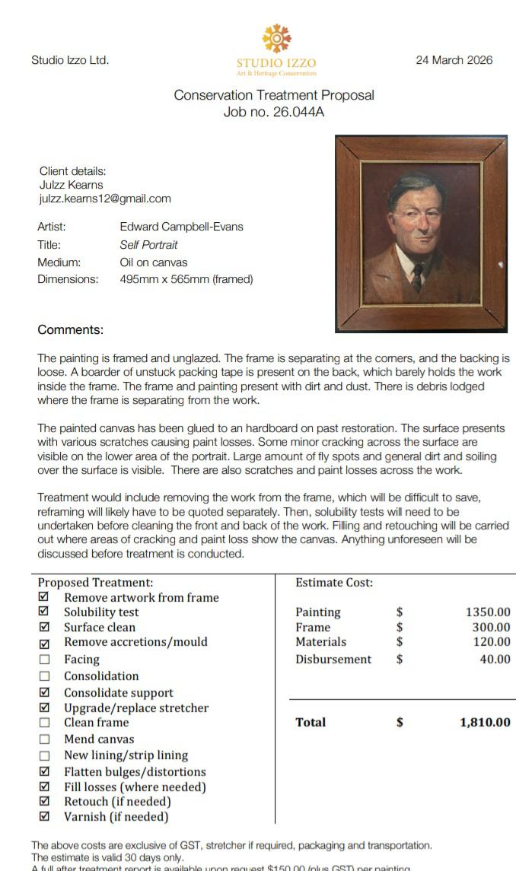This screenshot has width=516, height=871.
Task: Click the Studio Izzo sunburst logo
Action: pos(276,38)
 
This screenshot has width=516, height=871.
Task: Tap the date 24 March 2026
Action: pos(454,60)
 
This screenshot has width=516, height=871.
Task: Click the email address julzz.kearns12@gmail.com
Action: pos(105,199)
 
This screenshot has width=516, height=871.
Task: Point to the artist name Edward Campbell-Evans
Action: pos(181,227)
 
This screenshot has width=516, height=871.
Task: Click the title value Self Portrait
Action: pos(148,245)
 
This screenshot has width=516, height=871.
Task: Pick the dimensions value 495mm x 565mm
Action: pos(186,279)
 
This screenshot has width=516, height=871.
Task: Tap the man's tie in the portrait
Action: pos(416,277)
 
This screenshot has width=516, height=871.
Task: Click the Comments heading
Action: pos(70,330)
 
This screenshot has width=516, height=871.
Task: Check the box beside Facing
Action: pos(44,660)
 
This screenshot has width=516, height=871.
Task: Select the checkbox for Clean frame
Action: pos(44,723)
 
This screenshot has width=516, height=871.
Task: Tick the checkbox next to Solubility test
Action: pos(44,612)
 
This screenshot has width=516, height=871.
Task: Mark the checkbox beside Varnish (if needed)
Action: pos(44,817)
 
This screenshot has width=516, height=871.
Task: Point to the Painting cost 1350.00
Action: pos(487,612)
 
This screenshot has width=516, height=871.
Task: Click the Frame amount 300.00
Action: pos(491,628)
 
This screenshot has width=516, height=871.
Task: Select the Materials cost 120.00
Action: pos(491,642)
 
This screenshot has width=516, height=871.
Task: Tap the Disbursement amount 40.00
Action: pos(495,660)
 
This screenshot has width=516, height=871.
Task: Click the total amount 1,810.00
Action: pos(485,723)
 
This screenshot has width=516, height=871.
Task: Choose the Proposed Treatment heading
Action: pos(96,583)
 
